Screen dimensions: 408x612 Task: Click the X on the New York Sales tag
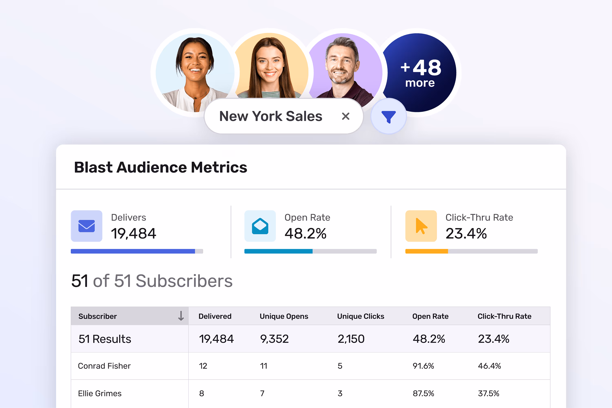[346, 116]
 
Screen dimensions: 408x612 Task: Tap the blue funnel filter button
[388, 116]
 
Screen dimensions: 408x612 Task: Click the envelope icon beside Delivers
[86, 226]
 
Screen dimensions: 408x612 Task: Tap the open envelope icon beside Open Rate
[260, 226]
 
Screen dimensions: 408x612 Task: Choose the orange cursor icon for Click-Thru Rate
[421, 226]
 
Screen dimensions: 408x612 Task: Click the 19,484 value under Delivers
[133, 233]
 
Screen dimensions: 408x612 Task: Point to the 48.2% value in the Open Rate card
[305, 233]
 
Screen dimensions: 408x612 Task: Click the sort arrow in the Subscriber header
[181, 316]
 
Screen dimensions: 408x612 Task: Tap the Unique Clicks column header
[360, 316]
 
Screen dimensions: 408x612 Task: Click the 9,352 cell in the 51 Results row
[274, 339]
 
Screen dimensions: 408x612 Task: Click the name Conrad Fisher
[104, 366]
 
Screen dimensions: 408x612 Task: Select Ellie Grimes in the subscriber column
[100, 393]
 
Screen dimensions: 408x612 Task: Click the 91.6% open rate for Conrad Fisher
[423, 366]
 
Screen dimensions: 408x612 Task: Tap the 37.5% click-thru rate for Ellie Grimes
[488, 393]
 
